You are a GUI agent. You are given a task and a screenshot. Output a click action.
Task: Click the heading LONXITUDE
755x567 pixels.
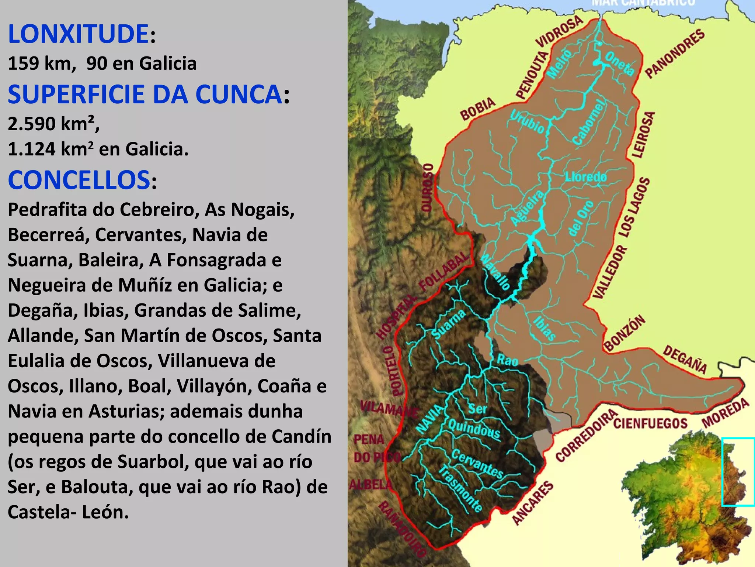(x=78, y=34)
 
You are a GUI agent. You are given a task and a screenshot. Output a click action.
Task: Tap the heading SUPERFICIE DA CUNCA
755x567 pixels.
(x=145, y=94)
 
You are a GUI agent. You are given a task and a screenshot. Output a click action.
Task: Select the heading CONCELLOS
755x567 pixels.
(x=79, y=180)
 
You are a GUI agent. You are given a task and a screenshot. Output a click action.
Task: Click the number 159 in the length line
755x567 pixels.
(x=23, y=63)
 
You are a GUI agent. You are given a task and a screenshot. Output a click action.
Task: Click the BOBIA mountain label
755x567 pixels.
(x=478, y=109)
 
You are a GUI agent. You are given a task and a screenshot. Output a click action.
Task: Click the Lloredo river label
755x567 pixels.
(x=586, y=177)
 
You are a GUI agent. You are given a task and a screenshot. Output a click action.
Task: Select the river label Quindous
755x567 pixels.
(x=474, y=429)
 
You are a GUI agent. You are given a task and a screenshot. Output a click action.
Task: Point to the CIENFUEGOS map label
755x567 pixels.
(x=651, y=423)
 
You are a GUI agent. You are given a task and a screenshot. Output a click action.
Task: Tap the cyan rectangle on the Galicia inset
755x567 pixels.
(x=737, y=471)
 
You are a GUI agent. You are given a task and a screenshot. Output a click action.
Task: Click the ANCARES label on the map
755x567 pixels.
(x=533, y=502)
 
